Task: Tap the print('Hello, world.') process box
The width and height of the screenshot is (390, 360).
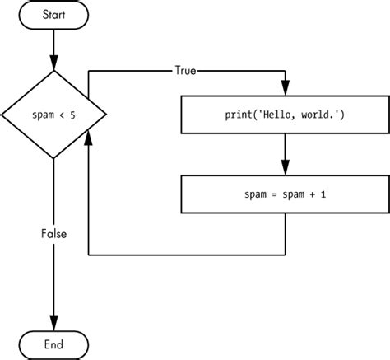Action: click(285, 113)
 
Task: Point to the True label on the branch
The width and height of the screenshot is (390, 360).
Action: click(186, 70)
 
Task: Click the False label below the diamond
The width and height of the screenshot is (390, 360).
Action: click(54, 234)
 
